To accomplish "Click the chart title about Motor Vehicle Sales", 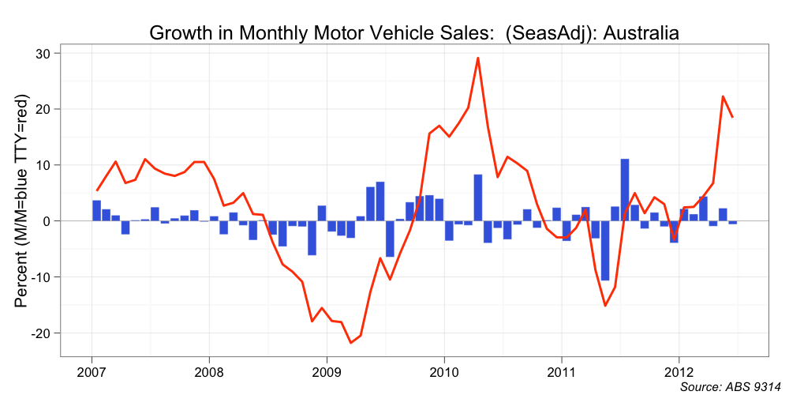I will coord(414,33).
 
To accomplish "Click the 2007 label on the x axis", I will coord(92,370).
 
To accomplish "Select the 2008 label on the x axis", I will coord(209,370).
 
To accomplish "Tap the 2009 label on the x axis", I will coord(327,370).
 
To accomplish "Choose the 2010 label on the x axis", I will coord(444,370).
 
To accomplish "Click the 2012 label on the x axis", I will coord(679,370).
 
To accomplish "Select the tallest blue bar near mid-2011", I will coord(625,190).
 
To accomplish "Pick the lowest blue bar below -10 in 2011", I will coord(605,250).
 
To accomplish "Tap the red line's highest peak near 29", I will coord(478,58).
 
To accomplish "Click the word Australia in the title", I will coord(640,33).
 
